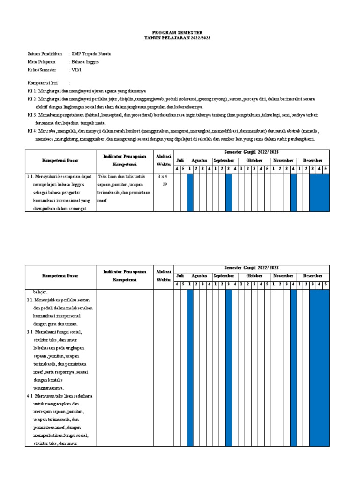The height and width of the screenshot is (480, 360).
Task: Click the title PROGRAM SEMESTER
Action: (x=180, y=32)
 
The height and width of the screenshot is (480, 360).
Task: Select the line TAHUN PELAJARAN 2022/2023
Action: (x=180, y=37)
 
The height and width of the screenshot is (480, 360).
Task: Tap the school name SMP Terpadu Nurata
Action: (x=91, y=54)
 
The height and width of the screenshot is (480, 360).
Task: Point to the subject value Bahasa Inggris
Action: (x=85, y=62)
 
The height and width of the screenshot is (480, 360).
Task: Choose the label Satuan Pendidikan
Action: (x=45, y=54)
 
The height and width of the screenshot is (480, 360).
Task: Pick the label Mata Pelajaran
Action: (x=42, y=62)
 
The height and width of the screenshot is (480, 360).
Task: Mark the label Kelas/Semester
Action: (x=42, y=70)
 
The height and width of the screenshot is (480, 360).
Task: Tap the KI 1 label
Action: (x=32, y=91)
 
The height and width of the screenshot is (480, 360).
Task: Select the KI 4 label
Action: (x=32, y=131)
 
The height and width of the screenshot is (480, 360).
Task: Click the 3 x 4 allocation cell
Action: (x=164, y=177)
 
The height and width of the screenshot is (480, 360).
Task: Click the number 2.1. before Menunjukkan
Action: (x=31, y=299)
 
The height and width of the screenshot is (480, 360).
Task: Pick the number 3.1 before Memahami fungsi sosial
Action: (x=31, y=332)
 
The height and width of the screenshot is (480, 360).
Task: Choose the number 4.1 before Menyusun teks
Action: (x=31, y=396)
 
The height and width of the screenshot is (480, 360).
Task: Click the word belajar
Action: (x=40, y=291)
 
